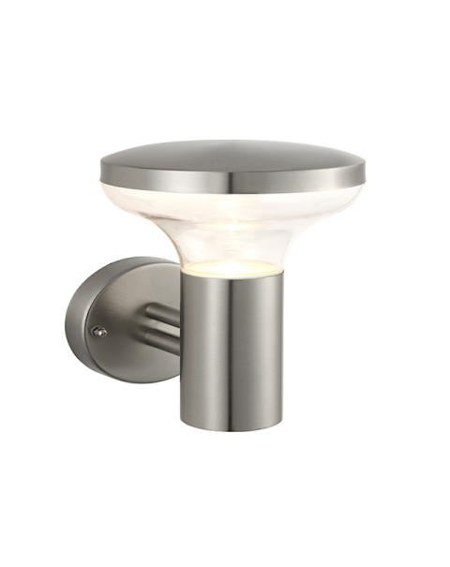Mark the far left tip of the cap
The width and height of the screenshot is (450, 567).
[x=102, y=170]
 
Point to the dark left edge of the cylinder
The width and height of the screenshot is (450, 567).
[x=184, y=356]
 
